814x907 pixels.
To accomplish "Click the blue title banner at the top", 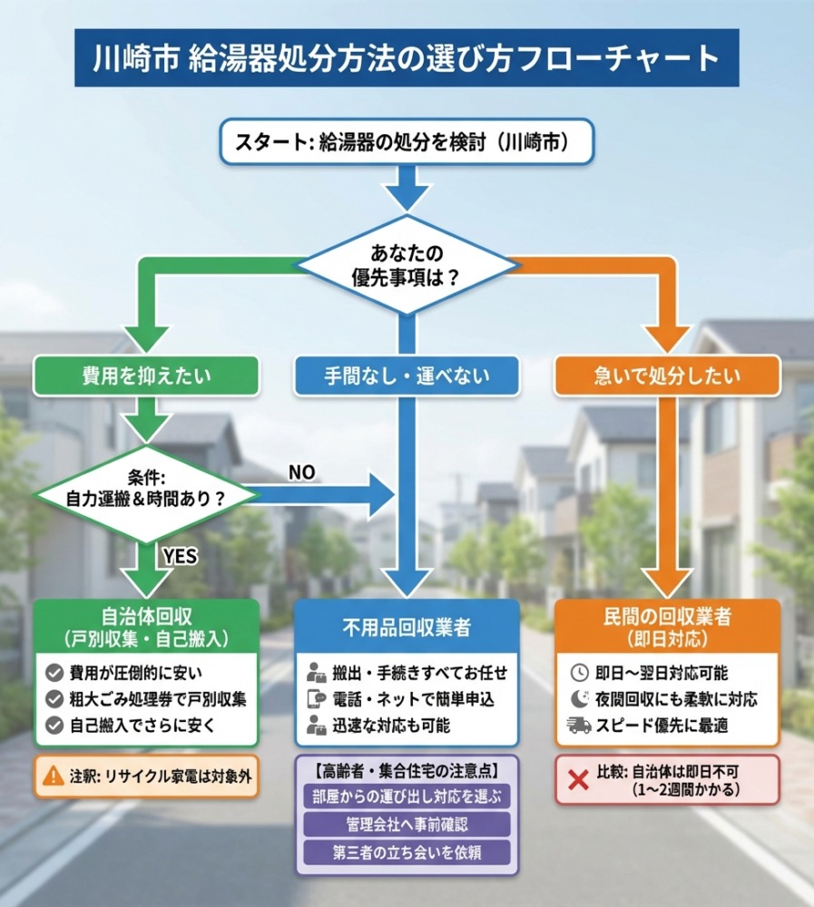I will (x=407, y=58).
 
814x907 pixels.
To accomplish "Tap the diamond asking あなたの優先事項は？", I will (x=407, y=264).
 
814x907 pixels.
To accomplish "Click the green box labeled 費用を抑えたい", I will (x=146, y=375).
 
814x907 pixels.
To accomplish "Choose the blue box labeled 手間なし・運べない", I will (x=407, y=375).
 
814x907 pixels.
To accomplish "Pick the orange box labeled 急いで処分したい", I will (x=667, y=375).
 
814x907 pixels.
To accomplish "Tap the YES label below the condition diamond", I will (x=179, y=555).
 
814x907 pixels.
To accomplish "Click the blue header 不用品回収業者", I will (x=407, y=628).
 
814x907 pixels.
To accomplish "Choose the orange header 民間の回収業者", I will (x=667, y=626).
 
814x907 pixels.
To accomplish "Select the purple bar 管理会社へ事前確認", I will (x=407, y=824).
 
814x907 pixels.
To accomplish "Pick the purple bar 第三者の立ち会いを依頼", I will (x=407, y=852).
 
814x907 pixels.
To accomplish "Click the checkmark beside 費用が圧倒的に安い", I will (x=54, y=673).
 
